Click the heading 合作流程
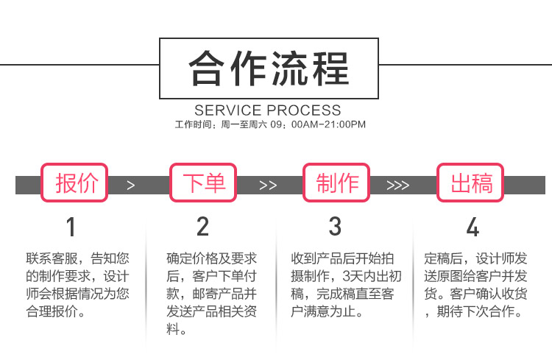coord(269,68)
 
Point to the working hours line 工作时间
coord(270,124)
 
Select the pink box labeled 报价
coord(74,183)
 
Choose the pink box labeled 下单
coord(203,183)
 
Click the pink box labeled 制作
coord(336,183)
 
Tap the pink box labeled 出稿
coord(470,183)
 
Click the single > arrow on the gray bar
coord(130,186)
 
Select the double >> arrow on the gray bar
coord(268,186)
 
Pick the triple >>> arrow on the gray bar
coord(397,186)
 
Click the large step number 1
coord(71,227)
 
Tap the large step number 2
coord(203,227)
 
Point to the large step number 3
coord(335,227)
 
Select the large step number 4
coord(473,227)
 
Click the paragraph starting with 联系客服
coord(77,285)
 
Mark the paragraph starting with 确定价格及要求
coord(211,294)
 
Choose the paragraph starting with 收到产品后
coord(346,285)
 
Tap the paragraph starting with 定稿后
coord(475,285)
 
